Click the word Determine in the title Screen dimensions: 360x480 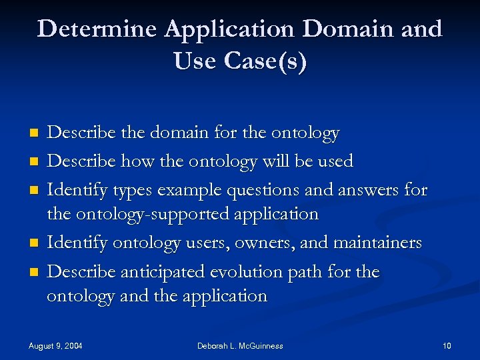click(x=97, y=30)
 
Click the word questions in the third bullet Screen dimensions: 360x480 click(x=260, y=190)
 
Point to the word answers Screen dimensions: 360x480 click(x=365, y=190)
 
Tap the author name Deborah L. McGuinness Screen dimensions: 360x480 click(x=240, y=346)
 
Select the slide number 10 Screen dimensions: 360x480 click(x=447, y=346)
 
